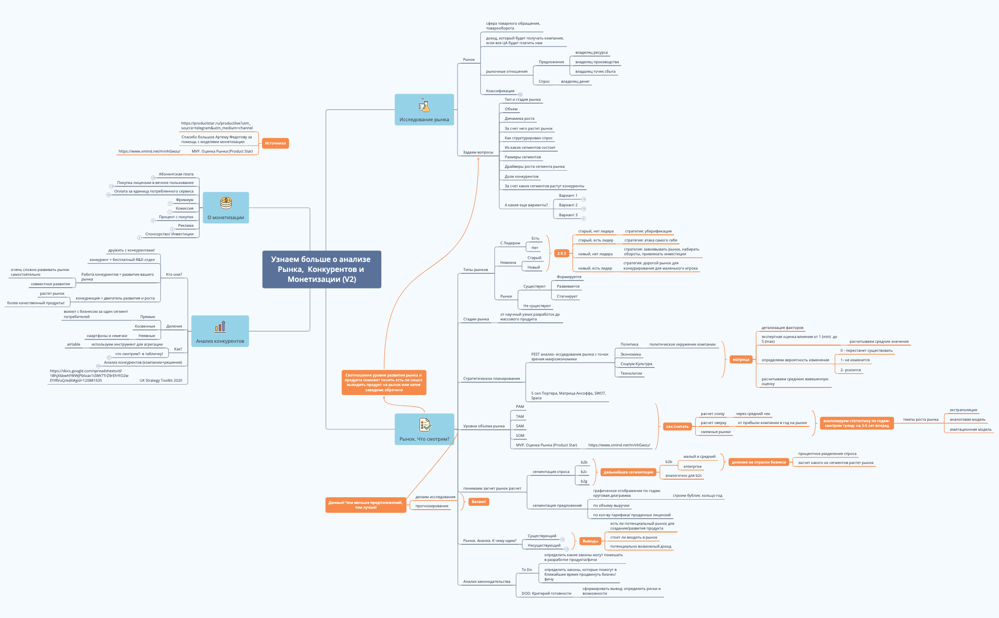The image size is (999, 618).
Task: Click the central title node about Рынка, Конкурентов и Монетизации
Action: point(321,269)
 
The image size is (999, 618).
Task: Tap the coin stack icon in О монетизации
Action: point(226,203)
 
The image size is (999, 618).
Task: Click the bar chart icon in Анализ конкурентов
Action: point(220,327)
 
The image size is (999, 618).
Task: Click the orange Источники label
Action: point(275,143)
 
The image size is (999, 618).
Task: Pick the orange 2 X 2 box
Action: point(562,253)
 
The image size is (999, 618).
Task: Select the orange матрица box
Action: point(741,359)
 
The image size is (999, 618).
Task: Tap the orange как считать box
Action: point(677,426)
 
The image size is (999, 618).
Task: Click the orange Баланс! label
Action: point(479,502)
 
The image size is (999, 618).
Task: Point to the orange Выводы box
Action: point(590,541)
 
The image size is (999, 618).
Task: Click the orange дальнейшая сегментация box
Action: point(628,472)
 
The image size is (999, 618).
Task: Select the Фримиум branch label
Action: point(184,200)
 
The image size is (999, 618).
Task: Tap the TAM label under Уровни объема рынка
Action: point(520,416)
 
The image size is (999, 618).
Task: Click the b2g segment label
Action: point(584,481)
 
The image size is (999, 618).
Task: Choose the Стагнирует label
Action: point(567,296)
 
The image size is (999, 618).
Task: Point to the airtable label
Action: point(74,344)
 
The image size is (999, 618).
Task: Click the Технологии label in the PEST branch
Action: point(631,373)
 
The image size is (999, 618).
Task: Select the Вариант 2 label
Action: point(568,205)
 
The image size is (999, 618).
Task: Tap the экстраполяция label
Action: point(963,410)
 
